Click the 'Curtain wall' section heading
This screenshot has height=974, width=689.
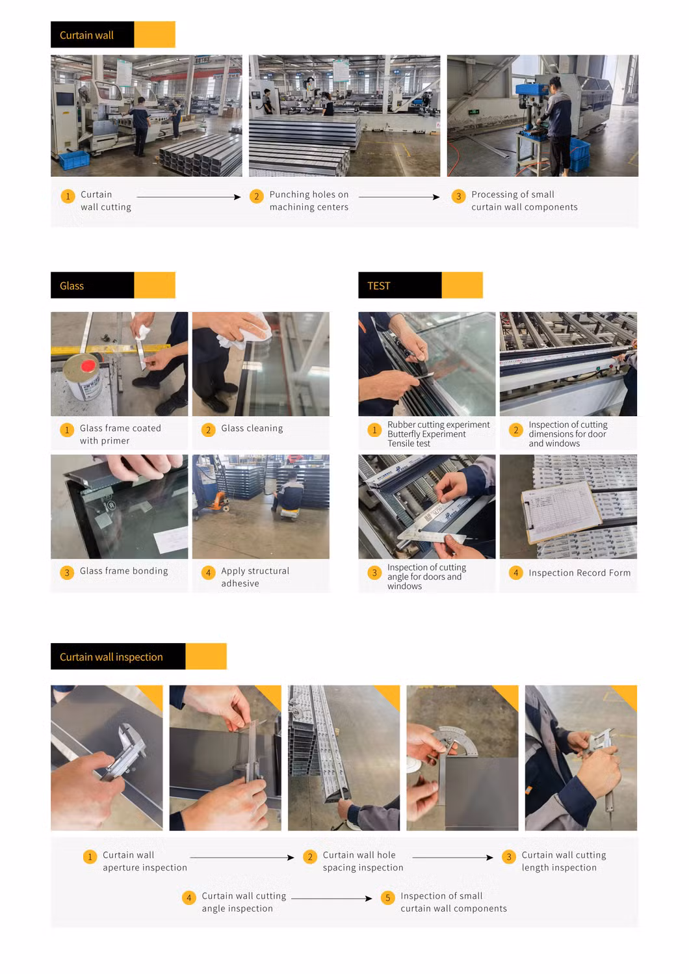click(x=86, y=35)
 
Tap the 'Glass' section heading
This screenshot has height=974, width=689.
click(x=71, y=285)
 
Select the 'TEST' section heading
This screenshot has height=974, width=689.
click(x=378, y=285)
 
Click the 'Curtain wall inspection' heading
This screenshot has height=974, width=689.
click(x=111, y=657)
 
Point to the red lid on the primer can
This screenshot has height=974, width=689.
click(x=88, y=365)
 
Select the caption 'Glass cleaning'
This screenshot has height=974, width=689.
click(x=252, y=428)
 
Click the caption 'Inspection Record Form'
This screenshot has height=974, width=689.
click(x=579, y=573)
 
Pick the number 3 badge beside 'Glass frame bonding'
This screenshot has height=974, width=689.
click(x=67, y=572)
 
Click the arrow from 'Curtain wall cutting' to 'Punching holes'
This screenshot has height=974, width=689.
click(x=188, y=197)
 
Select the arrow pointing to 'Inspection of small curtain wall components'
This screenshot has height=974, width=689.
click(x=331, y=899)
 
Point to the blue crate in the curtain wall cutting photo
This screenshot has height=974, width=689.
click(x=74, y=159)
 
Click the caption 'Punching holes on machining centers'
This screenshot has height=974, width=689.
click(x=309, y=200)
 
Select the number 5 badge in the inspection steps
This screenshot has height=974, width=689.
click(x=388, y=897)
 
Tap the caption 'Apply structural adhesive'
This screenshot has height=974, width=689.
click(x=255, y=577)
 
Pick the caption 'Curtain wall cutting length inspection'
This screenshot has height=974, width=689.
click(x=564, y=861)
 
